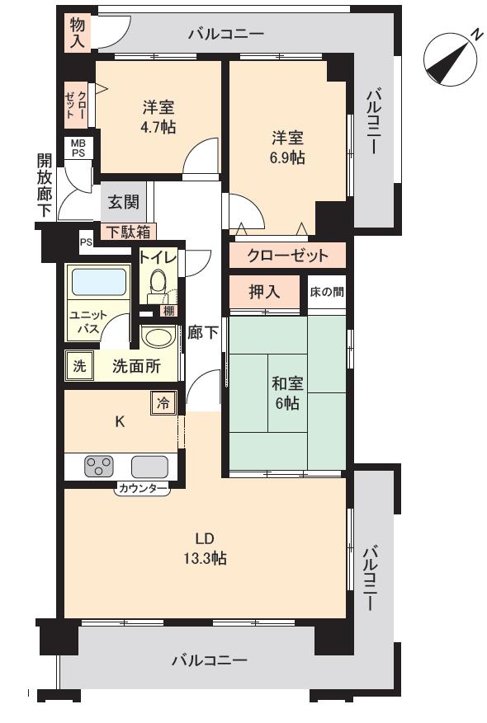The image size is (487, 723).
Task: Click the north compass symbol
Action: [449, 59]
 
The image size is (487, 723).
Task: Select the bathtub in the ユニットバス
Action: [98, 283]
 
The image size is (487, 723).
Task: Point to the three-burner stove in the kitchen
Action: [98, 467]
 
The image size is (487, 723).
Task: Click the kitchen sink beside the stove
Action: [149, 467]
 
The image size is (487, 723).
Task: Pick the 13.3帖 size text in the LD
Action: [206, 559]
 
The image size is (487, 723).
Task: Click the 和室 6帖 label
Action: [286, 393]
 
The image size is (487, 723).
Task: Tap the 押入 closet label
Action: [264, 291]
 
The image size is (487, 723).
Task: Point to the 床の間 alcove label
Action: [327, 291]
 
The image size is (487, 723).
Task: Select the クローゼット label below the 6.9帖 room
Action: [287, 255]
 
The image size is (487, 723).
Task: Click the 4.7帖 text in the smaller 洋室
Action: [157, 128]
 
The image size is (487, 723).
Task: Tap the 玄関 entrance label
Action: [123, 203]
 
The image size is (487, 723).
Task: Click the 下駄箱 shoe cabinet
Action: [129, 232]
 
